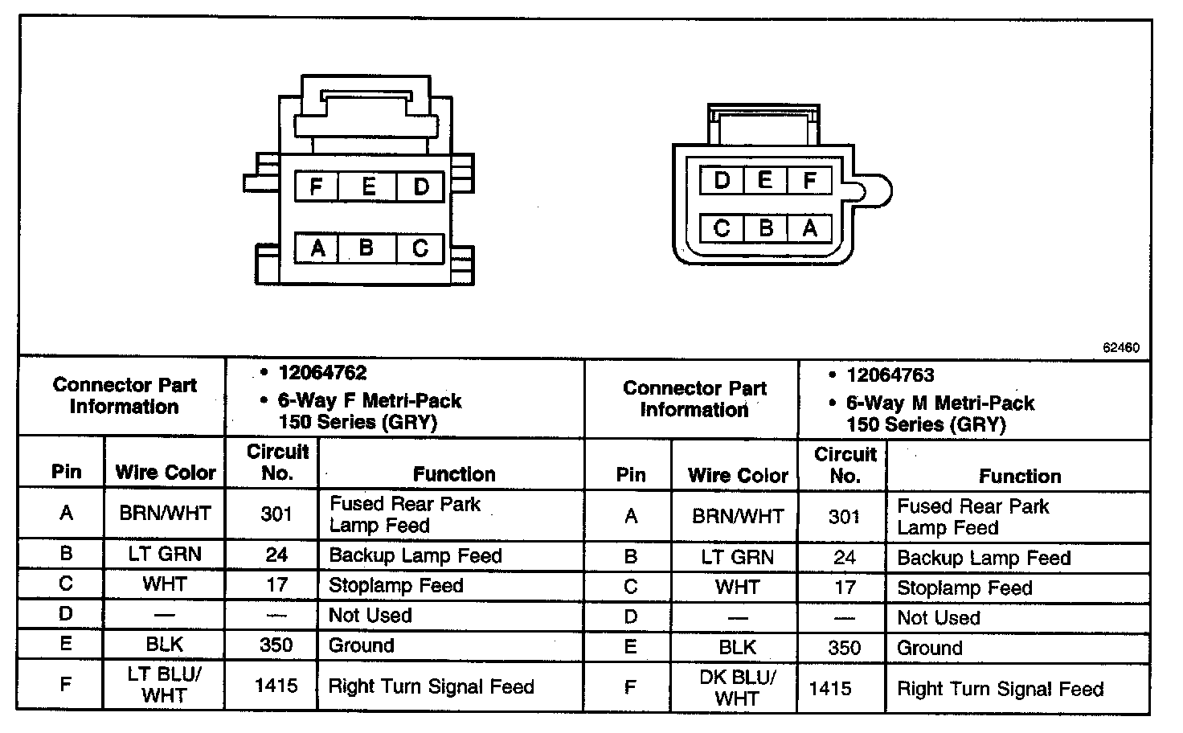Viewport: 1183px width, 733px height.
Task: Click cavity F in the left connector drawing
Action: coord(316,187)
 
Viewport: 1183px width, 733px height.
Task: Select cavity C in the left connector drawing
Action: coord(420,248)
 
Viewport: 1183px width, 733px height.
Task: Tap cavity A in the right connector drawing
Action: coord(809,229)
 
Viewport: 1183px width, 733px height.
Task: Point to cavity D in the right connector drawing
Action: coord(722,180)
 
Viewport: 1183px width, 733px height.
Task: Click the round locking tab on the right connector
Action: coord(875,192)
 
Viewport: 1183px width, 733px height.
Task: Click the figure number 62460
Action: coord(1120,348)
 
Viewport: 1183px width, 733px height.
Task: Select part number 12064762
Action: coord(322,373)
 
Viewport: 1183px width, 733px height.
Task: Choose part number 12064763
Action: coord(890,375)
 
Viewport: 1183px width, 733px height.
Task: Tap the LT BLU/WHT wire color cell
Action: coord(165,685)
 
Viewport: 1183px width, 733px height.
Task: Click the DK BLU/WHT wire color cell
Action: coord(737,688)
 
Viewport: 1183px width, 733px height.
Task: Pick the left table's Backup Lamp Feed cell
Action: coord(415,555)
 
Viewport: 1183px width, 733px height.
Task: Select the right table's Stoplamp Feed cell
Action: coord(964,588)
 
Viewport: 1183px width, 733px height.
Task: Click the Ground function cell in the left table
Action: coord(362,645)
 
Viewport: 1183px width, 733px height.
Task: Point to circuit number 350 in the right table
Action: coord(844,648)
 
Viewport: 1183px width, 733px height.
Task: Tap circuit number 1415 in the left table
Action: coord(276,686)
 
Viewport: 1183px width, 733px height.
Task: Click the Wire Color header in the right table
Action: coord(738,476)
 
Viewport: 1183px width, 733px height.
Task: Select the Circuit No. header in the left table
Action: coord(276,462)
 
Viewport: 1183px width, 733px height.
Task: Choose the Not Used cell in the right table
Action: coord(939,618)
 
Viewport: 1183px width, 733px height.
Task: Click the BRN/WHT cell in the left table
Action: coord(165,513)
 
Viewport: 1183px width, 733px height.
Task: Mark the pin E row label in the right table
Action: coord(631,648)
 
